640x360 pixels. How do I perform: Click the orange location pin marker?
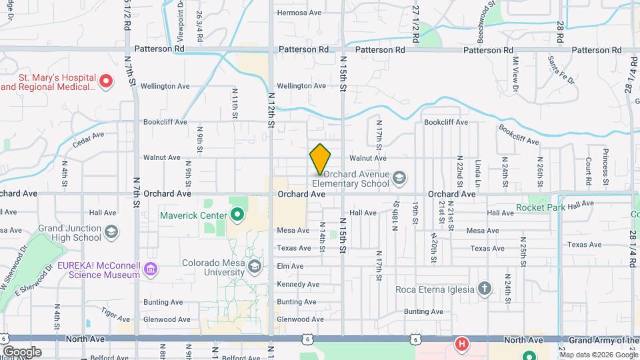pyautogui.click(x=320, y=159)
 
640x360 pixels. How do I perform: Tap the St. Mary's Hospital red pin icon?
pyautogui.click(x=105, y=81)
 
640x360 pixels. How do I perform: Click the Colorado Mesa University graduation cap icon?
pyautogui.click(x=254, y=267)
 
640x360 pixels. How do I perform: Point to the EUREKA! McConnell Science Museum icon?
pyautogui.click(x=151, y=269)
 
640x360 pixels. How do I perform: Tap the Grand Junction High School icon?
pyautogui.click(x=111, y=232)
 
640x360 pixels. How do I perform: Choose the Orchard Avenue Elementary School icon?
pyautogui.click(x=399, y=177)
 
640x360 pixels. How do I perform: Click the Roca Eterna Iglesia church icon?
pyautogui.click(x=484, y=289)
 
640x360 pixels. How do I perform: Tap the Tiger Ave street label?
pyautogui.click(x=115, y=311)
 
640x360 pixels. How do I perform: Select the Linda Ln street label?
pyautogui.click(x=478, y=171)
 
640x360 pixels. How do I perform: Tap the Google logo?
pyautogui.click(x=21, y=351)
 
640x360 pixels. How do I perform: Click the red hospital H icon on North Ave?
pyautogui.click(x=461, y=345)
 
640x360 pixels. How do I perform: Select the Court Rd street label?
pyautogui.click(x=589, y=171)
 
